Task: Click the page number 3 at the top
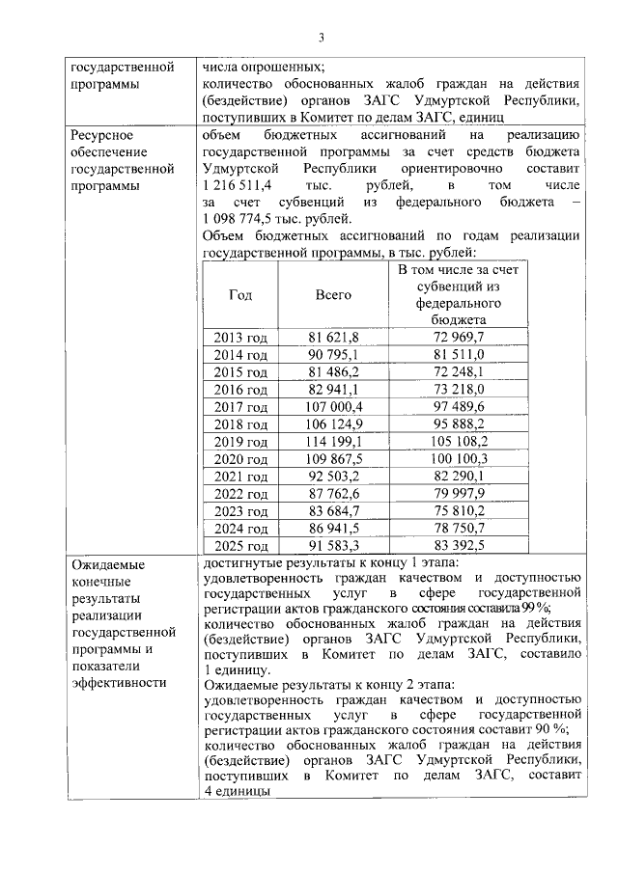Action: coord(323,38)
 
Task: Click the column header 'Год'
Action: coord(240,295)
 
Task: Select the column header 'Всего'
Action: coord(334,295)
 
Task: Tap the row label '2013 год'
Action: coord(240,337)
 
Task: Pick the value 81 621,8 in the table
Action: coord(334,337)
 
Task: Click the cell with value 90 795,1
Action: coord(334,354)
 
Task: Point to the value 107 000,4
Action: coord(334,407)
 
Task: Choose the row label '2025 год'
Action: coord(240,547)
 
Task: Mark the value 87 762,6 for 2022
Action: coord(334,494)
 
